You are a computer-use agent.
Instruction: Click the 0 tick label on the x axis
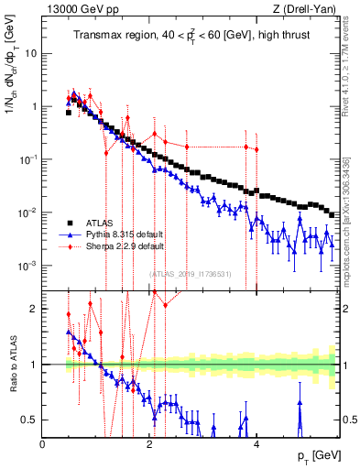[43, 444]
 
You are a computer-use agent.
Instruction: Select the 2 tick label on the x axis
[149, 444]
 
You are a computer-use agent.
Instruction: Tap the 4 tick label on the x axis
[256, 444]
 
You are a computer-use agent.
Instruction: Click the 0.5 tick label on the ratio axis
[29, 420]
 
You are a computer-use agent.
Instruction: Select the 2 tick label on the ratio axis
[34, 309]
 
